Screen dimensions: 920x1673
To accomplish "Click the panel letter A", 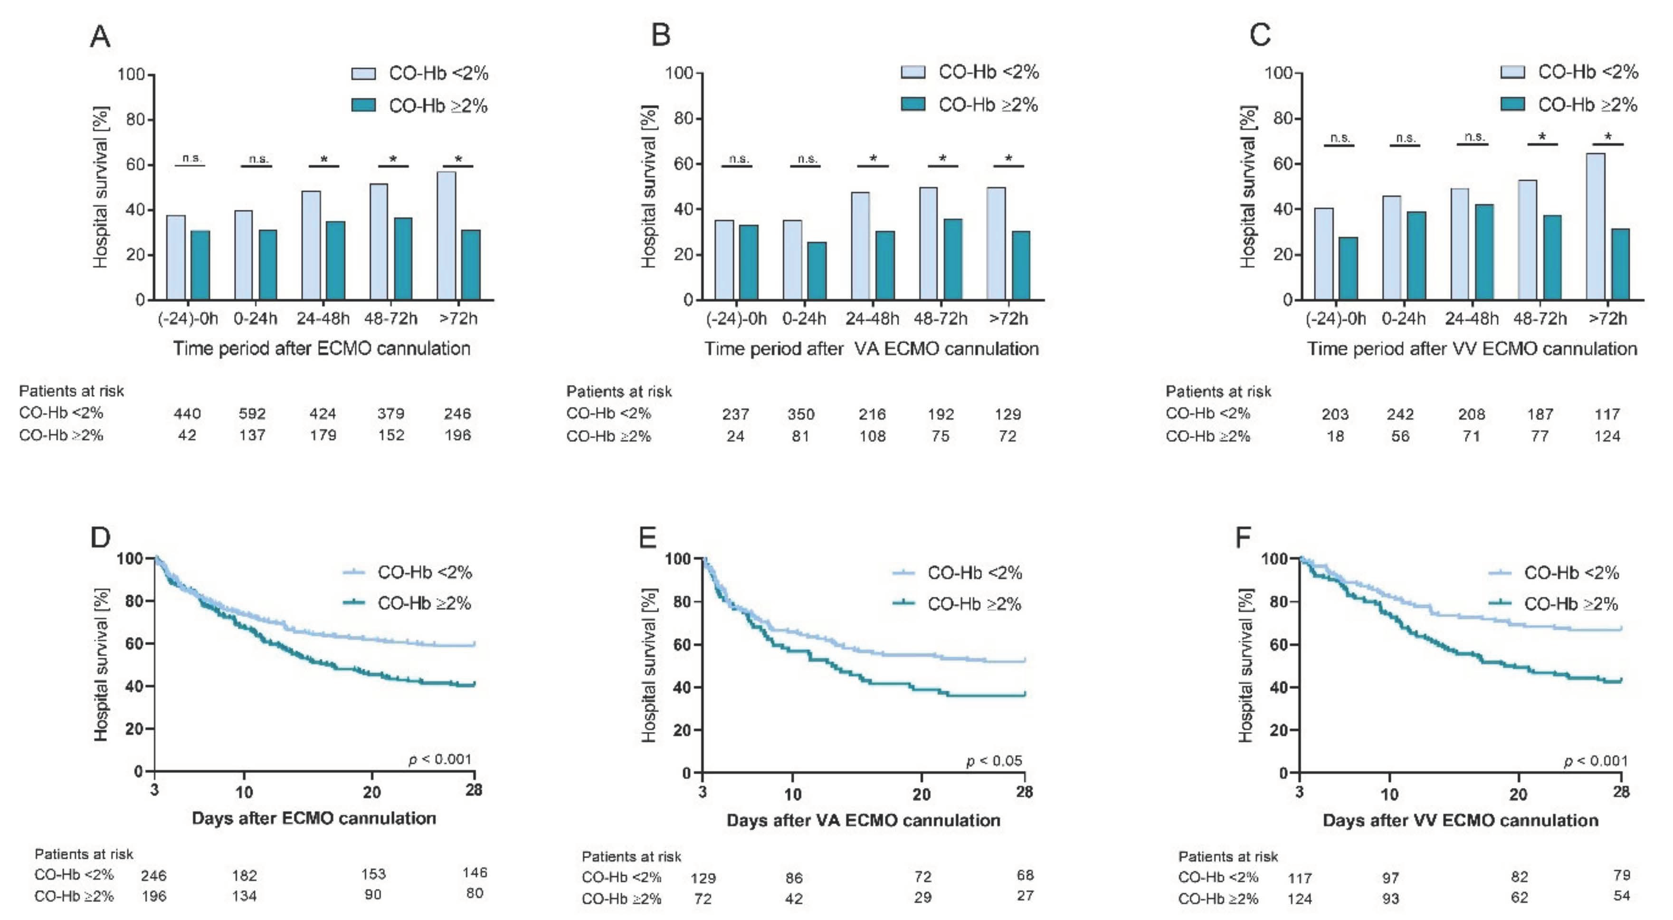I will click(100, 37).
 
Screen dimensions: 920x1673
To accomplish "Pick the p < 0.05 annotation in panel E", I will click(994, 760).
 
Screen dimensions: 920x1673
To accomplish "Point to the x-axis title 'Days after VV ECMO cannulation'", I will click(1460, 820).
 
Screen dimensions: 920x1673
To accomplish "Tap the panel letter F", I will click(1243, 537).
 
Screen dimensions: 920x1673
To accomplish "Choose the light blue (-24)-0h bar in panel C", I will click(1323, 254).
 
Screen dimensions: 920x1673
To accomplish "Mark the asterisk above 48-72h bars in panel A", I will click(393, 159).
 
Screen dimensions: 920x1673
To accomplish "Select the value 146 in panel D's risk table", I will click(475, 873).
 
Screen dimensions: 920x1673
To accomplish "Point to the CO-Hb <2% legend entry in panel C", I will click(1569, 72).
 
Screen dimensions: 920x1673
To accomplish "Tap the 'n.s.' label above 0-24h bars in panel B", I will click(806, 159).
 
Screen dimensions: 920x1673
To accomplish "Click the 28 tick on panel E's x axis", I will click(1024, 792).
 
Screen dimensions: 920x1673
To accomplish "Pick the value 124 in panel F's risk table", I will click(1300, 899).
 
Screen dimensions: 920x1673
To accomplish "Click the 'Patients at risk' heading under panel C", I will click(1218, 392).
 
